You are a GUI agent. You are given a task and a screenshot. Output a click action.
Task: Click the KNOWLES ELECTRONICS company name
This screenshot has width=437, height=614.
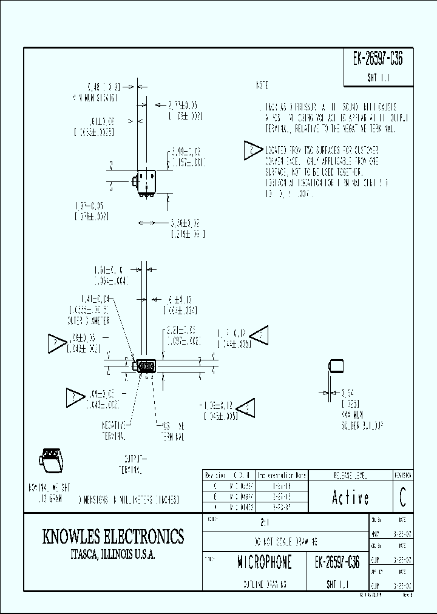112,537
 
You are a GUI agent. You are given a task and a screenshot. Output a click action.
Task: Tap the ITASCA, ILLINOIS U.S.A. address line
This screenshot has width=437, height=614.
112,555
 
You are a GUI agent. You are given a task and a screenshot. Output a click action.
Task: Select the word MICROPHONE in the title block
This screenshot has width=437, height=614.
264,562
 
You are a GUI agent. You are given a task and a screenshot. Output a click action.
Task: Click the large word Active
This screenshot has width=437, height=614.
350,498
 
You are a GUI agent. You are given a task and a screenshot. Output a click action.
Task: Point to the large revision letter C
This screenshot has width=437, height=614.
402,498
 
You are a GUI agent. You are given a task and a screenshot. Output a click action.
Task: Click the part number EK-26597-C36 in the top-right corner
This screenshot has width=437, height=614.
378,59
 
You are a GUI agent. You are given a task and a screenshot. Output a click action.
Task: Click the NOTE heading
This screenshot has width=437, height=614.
262,86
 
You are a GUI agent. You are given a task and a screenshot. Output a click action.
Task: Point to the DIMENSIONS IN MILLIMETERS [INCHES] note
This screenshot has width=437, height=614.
127,499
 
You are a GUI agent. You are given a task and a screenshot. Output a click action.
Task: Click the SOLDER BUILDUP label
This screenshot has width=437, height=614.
362,427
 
